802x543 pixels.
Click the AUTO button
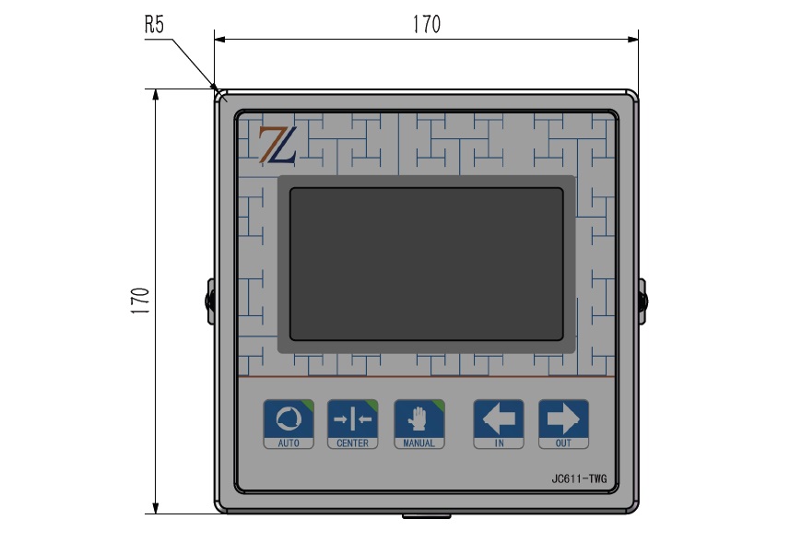(289, 424)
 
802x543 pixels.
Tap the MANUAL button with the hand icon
(419, 424)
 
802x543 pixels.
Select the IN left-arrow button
(499, 424)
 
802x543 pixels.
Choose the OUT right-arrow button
(563, 424)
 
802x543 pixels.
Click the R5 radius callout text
(154, 25)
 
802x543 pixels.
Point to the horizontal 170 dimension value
(427, 24)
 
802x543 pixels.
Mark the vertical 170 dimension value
(139, 301)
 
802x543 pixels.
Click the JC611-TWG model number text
(579, 479)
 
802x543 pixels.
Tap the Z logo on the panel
(277, 145)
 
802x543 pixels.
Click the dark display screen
(427, 264)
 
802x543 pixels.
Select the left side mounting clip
(211, 301)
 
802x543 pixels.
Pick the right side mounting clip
(643, 301)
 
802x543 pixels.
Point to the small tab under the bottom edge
(427, 516)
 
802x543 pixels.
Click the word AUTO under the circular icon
(289, 443)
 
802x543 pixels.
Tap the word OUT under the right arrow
(563, 443)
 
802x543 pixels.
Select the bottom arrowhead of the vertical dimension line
(156, 508)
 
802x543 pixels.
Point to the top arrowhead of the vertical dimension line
(156, 95)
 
